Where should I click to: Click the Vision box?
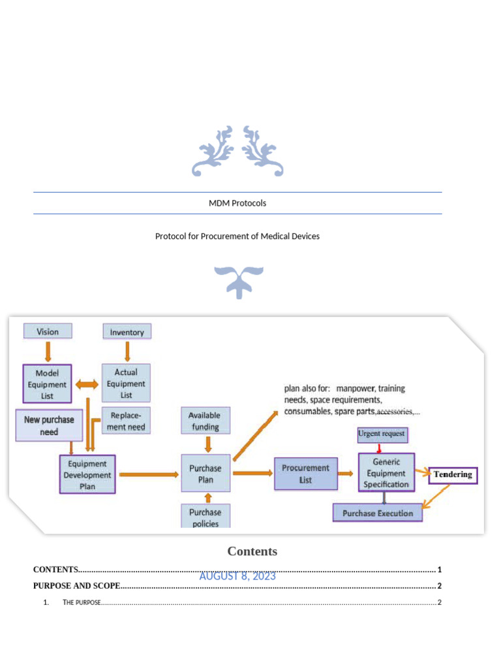pos(48,331)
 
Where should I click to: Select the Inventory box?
pos(127,332)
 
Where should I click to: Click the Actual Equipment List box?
pos(127,383)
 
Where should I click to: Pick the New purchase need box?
pos(50,425)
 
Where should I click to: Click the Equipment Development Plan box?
pos(87,475)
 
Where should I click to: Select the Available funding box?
pos(204,421)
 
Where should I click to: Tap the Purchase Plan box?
pos(205,474)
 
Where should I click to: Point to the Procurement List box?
pos(306,474)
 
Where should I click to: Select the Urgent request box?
pos(382,433)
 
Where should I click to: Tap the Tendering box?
pos(453,474)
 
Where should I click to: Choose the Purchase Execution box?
pos(378,513)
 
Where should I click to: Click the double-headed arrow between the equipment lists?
pos(87,384)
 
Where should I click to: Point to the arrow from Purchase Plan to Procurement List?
pos(252,474)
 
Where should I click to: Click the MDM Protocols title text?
pos(237,203)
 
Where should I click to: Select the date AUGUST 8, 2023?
pos(237,576)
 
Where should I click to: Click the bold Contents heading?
pos(252,551)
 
